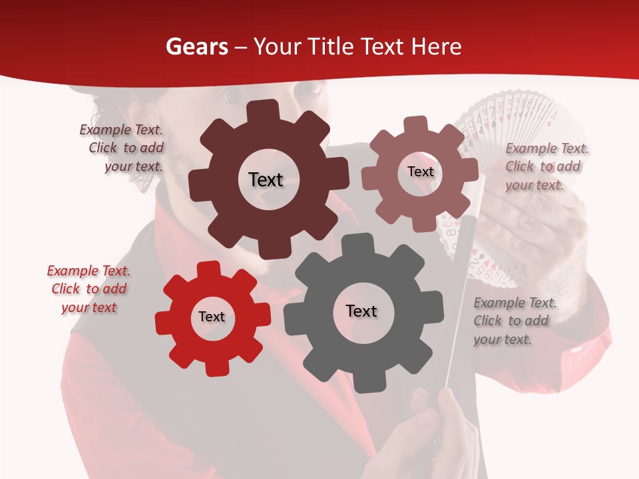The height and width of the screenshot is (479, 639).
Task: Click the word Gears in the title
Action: pyautogui.click(x=194, y=47)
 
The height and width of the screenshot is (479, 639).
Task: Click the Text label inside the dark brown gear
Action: pyautogui.click(x=266, y=180)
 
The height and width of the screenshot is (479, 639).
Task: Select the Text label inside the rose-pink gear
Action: pyautogui.click(x=420, y=172)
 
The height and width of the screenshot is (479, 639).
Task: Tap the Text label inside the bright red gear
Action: pyautogui.click(x=212, y=317)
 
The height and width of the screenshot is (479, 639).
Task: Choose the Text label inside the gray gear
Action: pyautogui.click(x=361, y=311)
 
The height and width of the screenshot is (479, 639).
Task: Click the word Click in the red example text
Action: pyautogui.click(x=66, y=289)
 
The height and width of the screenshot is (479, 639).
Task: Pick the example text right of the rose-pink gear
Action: pyautogui.click(x=546, y=167)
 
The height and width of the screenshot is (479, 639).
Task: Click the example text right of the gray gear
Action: pyautogui.click(x=514, y=321)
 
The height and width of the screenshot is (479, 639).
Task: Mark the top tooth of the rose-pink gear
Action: pyautogui.click(x=416, y=124)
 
